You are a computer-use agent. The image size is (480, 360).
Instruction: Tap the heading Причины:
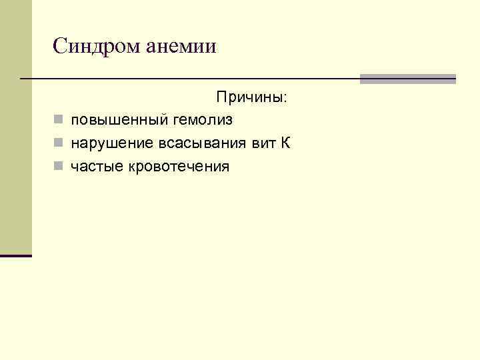tap(251, 97)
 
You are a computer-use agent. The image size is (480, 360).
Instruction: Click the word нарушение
tap(111, 143)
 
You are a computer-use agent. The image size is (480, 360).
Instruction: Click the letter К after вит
tap(286, 143)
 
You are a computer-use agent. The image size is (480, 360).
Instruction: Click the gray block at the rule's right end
tap(407, 79)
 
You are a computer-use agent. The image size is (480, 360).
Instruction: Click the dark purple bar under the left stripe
tap(16, 255)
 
